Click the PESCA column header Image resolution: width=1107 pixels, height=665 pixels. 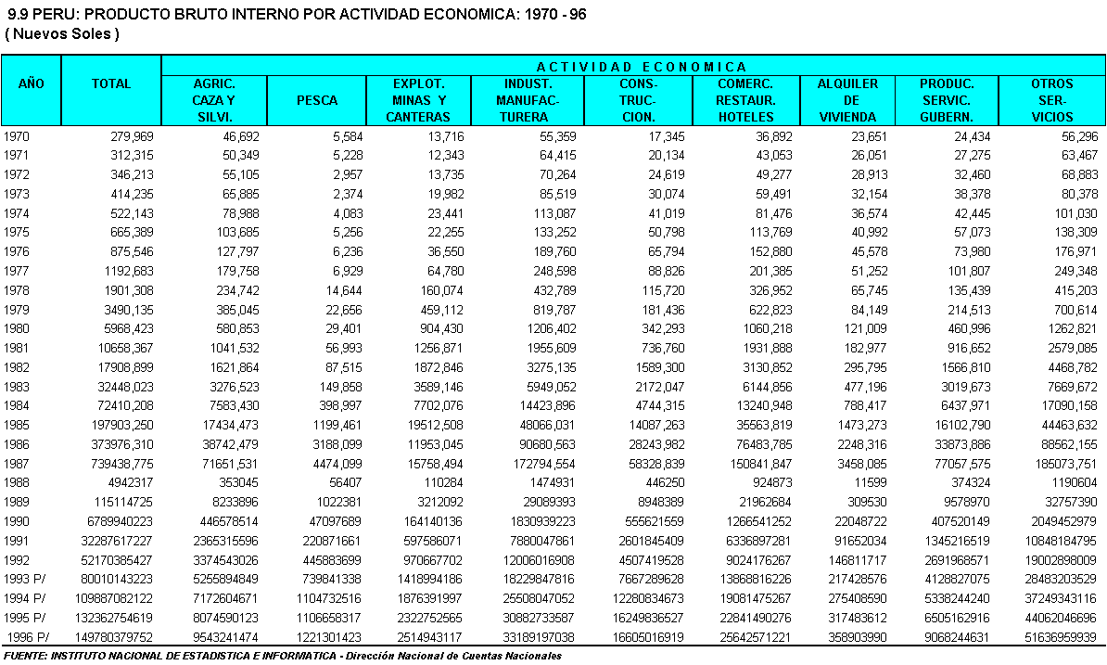point(317,100)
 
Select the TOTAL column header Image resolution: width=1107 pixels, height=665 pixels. point(111,83)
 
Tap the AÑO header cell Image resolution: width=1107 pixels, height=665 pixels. point(32,83)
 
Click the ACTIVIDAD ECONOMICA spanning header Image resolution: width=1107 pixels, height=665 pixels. point(642,67)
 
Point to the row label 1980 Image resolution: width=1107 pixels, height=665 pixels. point(18,328)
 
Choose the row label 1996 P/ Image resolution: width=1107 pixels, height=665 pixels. point(26,636)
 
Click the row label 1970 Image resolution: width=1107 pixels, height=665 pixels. point(18,135)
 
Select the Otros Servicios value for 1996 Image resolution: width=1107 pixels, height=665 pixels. point(1053,636)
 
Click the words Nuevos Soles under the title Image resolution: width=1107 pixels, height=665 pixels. point(63,34)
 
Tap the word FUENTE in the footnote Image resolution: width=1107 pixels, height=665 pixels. point(27,656)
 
